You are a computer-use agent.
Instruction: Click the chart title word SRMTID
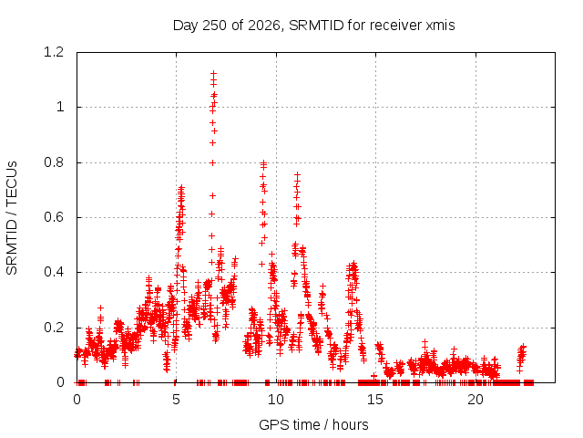click(316, 26)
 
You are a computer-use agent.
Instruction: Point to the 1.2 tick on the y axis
click(54, 52)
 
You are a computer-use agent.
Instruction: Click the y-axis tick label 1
click(60, 108)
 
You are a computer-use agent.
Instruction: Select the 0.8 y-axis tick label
click(54, 162)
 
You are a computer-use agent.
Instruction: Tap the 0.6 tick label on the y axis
click(54, 217)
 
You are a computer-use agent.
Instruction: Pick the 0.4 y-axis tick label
click(54, 272)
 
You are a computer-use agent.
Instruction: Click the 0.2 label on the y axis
click(54, 328)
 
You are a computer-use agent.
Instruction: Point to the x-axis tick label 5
click(176, 400)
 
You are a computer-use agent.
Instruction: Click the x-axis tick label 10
click(276, 400)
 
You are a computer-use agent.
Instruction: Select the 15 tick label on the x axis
click(375, 400)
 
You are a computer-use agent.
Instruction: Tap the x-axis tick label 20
click(476, 400)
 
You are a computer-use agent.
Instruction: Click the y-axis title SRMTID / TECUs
click(12, 218)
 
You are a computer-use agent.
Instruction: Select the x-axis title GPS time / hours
click(313, 424)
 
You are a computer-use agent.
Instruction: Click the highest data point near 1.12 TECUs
click(213, 73)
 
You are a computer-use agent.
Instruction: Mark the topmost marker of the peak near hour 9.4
click(263, 162)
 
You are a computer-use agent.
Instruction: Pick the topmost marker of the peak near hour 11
click(297, 174)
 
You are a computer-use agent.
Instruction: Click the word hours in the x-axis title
click(350, 424)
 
